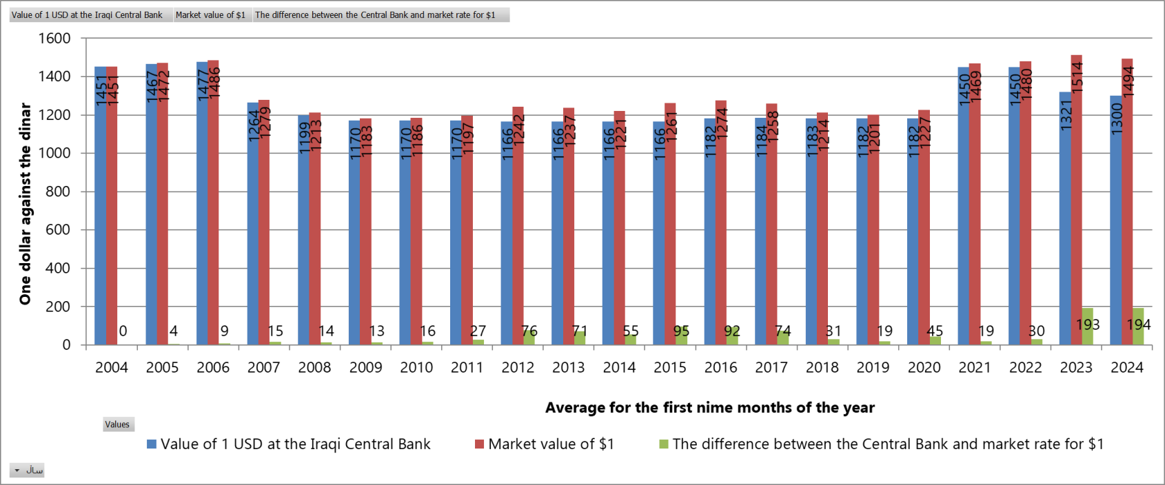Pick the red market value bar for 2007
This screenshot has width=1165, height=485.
264,234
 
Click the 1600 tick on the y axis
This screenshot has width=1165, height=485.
54,39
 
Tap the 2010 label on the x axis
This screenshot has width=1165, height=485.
416,367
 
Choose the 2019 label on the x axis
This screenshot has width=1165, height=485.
873,367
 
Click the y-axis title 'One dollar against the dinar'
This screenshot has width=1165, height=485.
26,204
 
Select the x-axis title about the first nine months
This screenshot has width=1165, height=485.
709,407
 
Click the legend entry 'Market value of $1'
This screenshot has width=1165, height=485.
550,444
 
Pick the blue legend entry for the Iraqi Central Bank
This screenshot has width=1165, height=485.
295,444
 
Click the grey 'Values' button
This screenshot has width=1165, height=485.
117,424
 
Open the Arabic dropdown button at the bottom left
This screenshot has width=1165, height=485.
28,471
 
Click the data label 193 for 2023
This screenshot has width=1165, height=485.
1088,324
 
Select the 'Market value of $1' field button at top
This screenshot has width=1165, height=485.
210,14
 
